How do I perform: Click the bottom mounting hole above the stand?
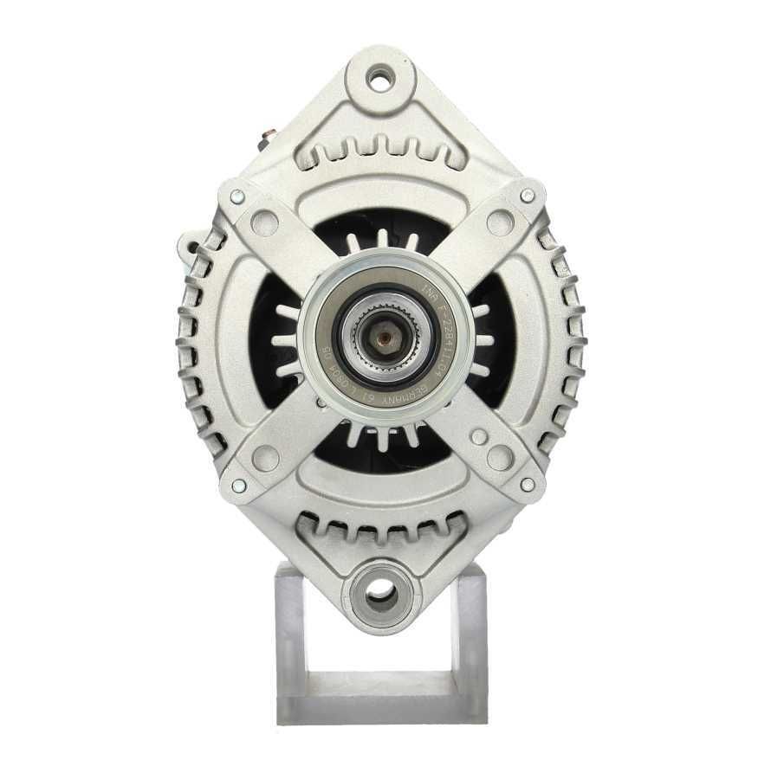pyautogui.click(x=380, y=593)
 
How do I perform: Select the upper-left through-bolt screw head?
pyautogui.click(x=236, y=196)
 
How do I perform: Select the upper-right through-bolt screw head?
pyautogui.click(x=526, y=196)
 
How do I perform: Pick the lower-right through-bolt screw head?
pyautogui.click(x=526, y=485)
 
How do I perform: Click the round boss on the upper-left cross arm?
pyautogui.click(x=265, y=223)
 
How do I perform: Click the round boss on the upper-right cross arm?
pyautogui.click(x=500, y=222)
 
